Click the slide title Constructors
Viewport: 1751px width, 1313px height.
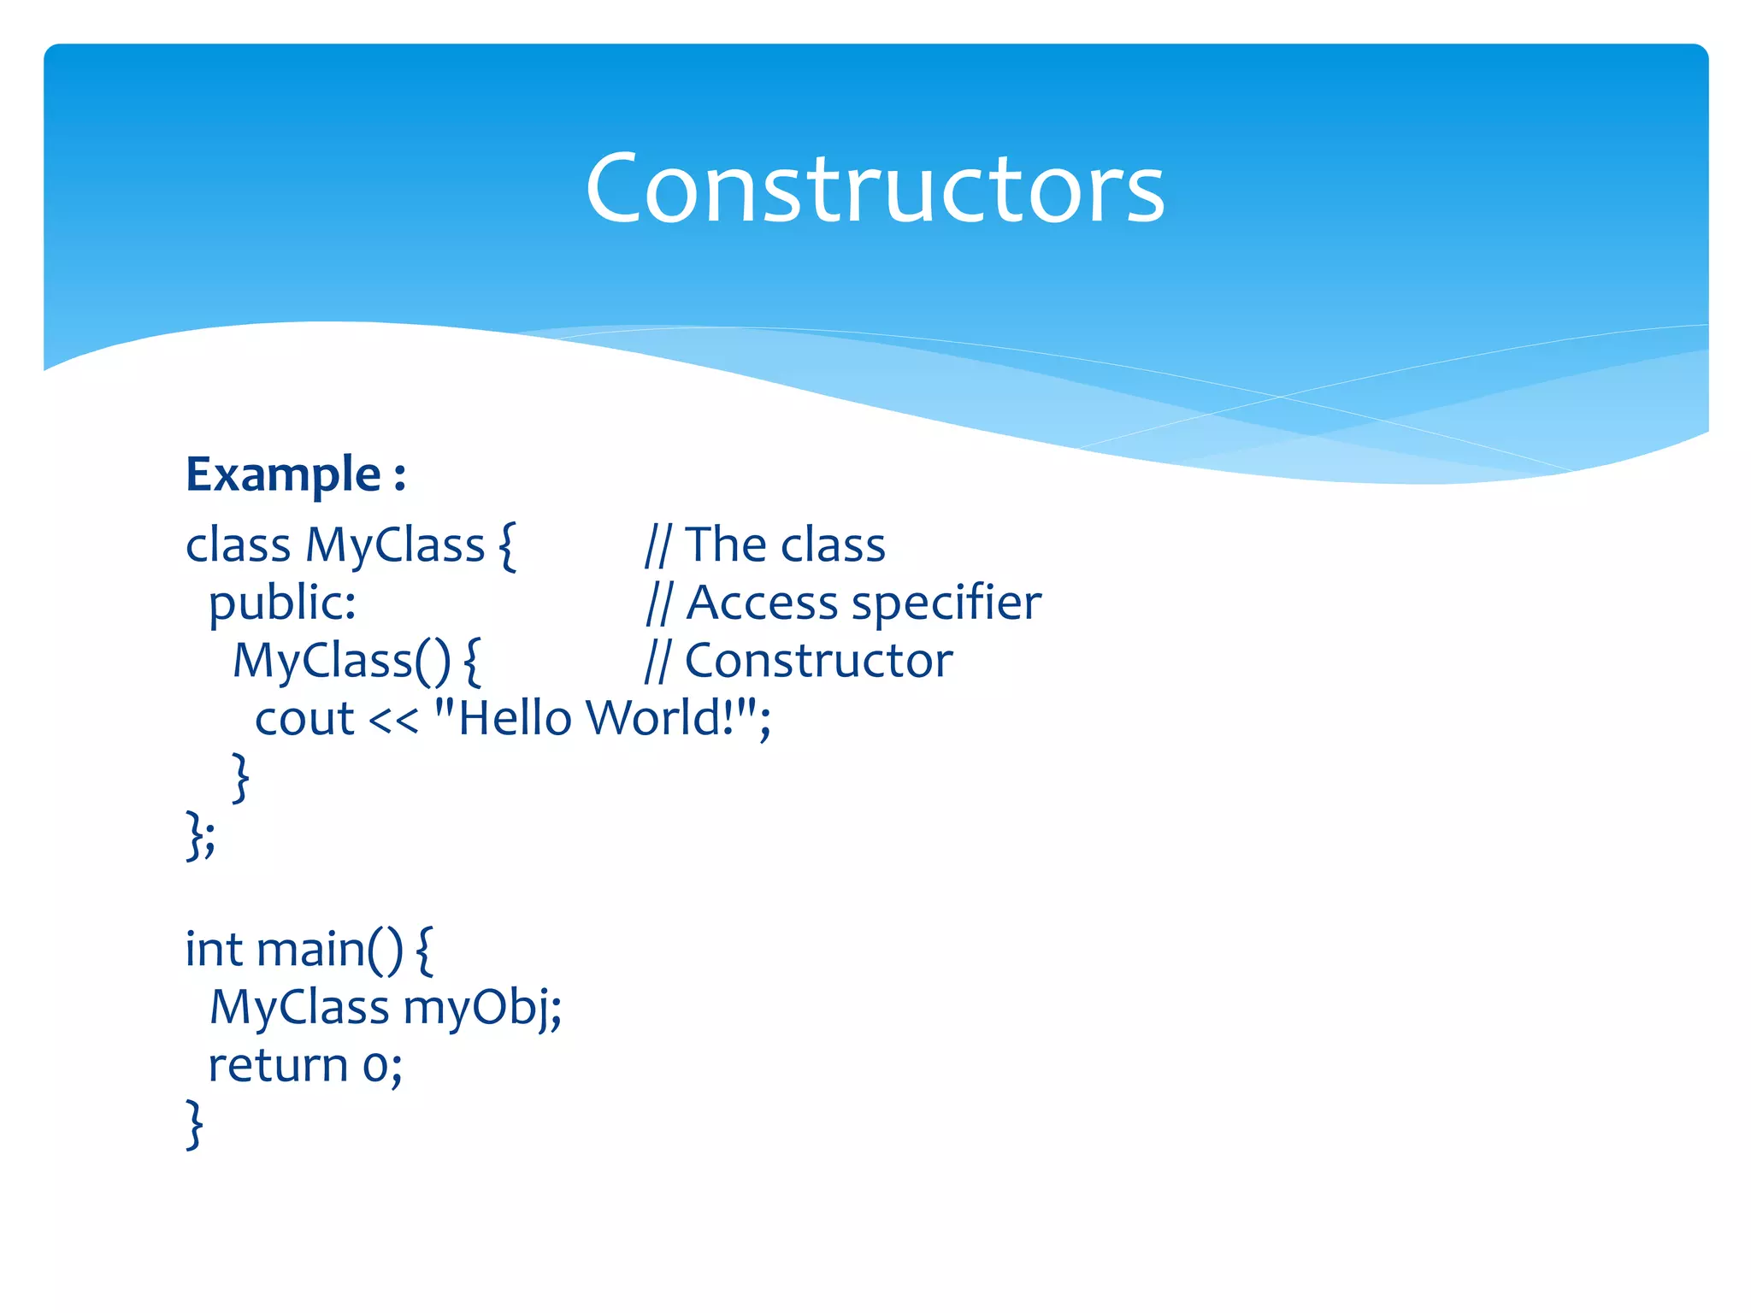click(875, 188)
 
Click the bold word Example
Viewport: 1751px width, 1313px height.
click(283, 474)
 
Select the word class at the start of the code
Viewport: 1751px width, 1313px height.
click(238, 545)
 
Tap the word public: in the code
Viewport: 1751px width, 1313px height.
click(282, 604)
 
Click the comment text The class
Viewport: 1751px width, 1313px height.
click(785, 545)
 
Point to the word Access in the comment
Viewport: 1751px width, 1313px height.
click(762, 604)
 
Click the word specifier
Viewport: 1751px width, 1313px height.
click(946, 604)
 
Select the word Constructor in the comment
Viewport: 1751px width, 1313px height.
click(818, 661)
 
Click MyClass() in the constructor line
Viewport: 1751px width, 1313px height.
click(341, 661)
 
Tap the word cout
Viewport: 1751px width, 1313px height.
click(304, 718)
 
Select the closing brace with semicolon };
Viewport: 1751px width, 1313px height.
click(201, 835)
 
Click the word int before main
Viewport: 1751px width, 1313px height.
click(214, 950)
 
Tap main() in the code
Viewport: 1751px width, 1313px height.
click(328, 950)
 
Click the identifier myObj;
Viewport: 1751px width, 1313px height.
click(482, 1008)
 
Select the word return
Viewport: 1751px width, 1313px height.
click(278, 1066)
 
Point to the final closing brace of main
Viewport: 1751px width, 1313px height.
click(195, 1124)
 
